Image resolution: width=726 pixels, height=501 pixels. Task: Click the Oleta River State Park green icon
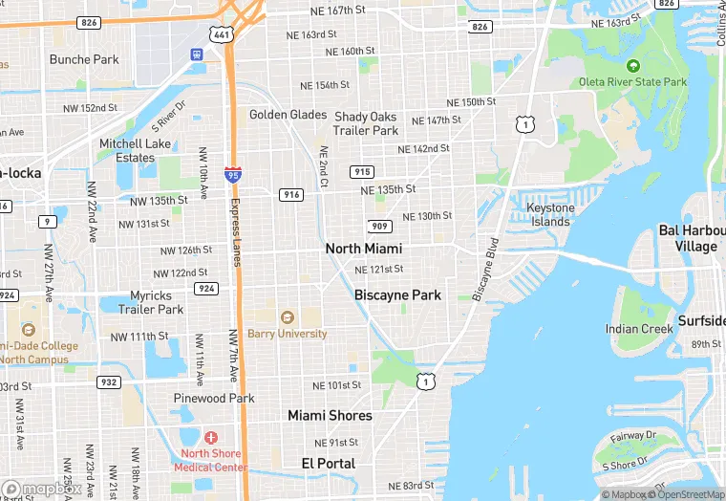(x=632, y=65)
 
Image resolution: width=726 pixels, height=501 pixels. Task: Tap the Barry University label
(x=287, y=334)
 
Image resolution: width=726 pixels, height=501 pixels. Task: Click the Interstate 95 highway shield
(x=233, y=174)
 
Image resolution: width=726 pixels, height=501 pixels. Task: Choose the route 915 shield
(x=361, y=172)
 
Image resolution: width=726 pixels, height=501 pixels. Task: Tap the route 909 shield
(x=378, y=227)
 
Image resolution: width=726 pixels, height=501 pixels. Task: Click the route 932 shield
(x=109, y=382)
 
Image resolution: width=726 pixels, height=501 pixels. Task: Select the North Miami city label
(x=363, y=249)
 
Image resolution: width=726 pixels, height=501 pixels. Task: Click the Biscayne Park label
(x=397, y=295)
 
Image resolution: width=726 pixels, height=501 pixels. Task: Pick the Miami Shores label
(x=330, y=415)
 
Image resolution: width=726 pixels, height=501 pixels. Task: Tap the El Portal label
(x=328, y=463)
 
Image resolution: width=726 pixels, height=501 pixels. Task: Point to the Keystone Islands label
(x=551, y=215)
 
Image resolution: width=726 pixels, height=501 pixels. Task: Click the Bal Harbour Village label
(x=688, y=239)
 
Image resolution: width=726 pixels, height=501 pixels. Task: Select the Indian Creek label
(x=639, y=329)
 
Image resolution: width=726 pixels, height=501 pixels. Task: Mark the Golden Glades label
(x=288, y=115)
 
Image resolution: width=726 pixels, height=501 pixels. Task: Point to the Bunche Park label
(x=84, y=59)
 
